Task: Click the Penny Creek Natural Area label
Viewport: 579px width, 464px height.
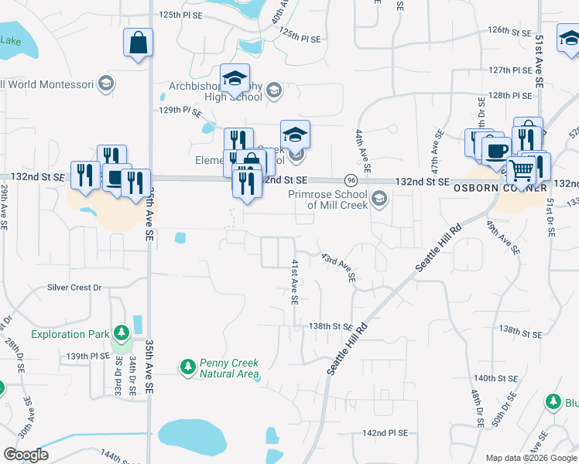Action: pyautogui.click(x=229, y=367)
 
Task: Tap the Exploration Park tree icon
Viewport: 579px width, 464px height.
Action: pyautogui.click(x=121, y=334)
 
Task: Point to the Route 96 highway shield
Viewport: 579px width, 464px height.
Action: pyautogui.click(x=351, y=179)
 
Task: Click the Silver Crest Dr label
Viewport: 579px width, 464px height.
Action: pyautogui.click(x=74, y=287)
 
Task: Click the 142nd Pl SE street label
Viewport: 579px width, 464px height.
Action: pyautogui.click(x=385, y=434)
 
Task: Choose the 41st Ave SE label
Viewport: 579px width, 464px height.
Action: pyautogui.click(x=295, y=281)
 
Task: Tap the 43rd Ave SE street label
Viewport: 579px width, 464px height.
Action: pyautogui.click(x=338, y=265)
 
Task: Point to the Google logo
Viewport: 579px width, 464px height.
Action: pyautogui.click(x=25, y=455)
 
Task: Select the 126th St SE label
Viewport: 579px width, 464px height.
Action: pyautogui.click(x=509, y=31)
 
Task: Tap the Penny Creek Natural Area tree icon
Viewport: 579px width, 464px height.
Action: pyautogui.click(x=187, y=365)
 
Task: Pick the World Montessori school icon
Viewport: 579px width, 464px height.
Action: pyautogui.click(x=106, y=84)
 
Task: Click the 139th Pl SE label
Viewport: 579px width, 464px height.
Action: pyautogui.click(x=88, y=356)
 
